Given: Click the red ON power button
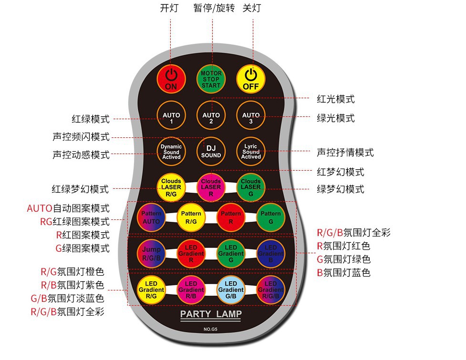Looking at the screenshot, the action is click(171, 79).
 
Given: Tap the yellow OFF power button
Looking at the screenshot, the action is click(251, 79).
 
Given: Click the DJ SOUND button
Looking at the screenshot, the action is click(211, 151).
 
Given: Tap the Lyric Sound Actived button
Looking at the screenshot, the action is click(251, 151).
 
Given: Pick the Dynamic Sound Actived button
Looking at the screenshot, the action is click(171, 151).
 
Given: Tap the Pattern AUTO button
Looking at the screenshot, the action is click(151, 218).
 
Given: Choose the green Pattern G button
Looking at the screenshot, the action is click(271, 218).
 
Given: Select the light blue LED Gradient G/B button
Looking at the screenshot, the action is click(231, 289).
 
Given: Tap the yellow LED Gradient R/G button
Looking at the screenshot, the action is click(151, 289).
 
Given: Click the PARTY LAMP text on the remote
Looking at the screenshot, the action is click(211, 315).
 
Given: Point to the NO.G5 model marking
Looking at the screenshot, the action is click(211, 329).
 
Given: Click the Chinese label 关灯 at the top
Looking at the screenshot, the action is click(252, 8).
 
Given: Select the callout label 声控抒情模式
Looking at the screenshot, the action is click(345, 153).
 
